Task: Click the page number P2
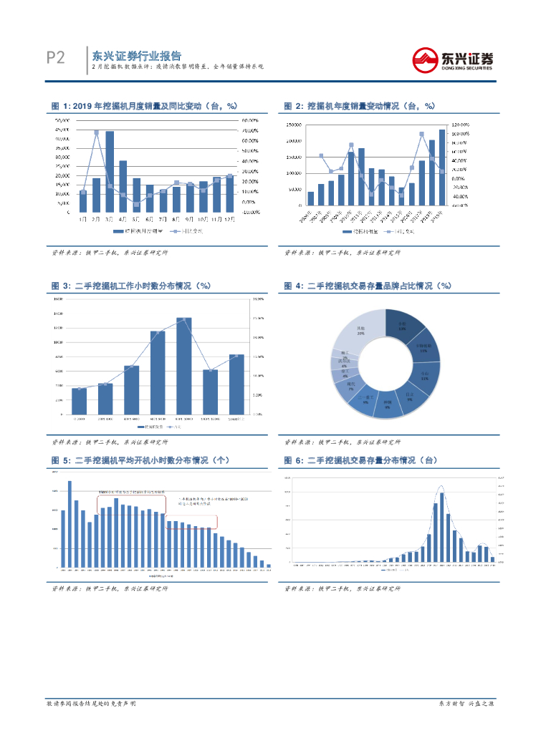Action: (x=55, y=58)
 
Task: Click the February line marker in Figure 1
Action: (x=96, y=132)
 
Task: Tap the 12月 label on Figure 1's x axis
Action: (x=229, y=219)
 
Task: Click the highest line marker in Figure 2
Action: (x=421, y=134)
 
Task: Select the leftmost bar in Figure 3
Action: (x=80, y=401)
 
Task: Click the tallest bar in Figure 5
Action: (x=70, y=523)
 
